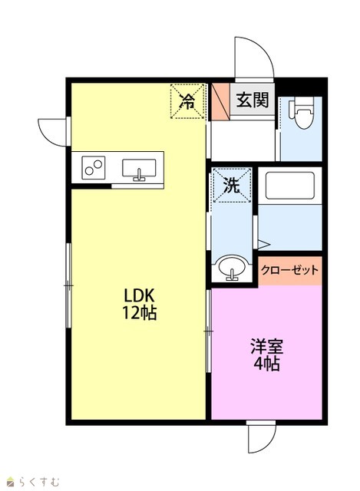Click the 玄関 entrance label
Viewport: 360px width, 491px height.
[x=253, y=100]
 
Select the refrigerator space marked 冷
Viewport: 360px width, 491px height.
[x=187, y=101]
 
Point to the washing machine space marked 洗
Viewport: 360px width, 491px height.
[x=232, y=186]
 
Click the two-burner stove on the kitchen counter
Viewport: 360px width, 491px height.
[x=94, y=167]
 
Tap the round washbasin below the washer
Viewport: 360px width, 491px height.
[x=232, y=269]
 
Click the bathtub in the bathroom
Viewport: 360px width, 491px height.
[x=290, y=186]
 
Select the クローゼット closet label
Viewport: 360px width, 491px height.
[x=290, y=270]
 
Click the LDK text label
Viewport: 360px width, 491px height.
[x=139, y=295]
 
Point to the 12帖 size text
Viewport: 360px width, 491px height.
[x=139, y=312]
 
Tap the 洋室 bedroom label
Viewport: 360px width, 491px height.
[x=266, y=346]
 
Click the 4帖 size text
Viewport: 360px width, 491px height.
[x=266, y=364]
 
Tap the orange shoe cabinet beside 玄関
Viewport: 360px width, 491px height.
[x=220, y=101]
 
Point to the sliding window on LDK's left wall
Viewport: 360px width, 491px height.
[x=69, y=285]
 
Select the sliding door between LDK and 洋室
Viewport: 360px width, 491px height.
[x=209, y=331]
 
